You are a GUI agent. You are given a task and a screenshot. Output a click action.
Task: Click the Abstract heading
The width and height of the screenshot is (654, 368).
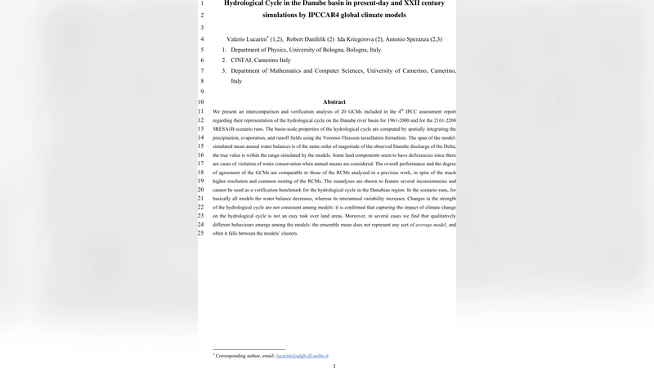tap(334, 101)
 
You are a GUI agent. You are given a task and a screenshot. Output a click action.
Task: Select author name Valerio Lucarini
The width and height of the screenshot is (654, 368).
tap(246, 39)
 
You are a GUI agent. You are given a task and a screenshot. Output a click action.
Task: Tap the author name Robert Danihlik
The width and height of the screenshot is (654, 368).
tap(305, 39)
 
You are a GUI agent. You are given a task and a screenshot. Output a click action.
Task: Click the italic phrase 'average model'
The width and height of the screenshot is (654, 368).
tap(431, 224)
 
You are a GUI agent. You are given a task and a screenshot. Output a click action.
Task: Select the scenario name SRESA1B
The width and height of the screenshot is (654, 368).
tap(226, 128)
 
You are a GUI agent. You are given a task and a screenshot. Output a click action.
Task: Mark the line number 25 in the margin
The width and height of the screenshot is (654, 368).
tap(200, 233)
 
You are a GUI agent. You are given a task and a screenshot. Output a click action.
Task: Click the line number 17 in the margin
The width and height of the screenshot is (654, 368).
tap(200, 164)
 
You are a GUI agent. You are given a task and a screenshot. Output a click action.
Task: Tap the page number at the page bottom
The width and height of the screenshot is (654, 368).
tap(334, 366)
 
